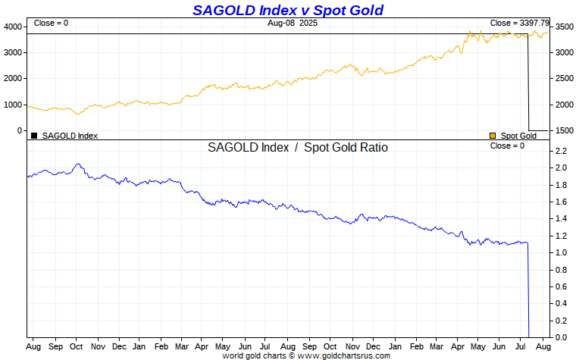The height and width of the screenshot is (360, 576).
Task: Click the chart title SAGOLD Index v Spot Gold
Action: (x=287, y=10)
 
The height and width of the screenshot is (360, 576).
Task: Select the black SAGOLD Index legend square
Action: (x=34, y=136)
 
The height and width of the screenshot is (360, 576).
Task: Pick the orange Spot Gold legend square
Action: (x=493, y=136)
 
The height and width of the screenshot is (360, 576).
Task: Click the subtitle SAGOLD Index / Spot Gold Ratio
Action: (x=297, y=148)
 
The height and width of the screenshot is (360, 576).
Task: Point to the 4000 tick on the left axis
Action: (x=13, y=27)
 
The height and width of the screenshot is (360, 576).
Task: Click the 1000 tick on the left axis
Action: (x=13, y=105)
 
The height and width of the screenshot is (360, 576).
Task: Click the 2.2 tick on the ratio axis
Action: (x=561, y=151)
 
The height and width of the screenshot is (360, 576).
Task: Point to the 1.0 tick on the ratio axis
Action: (x=561, y=252)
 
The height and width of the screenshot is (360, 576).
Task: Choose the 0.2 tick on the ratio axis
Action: (x=561, y=320)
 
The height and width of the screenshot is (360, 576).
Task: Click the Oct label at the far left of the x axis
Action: (x=77, y=346)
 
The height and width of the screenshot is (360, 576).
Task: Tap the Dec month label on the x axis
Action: (x=119, y=346)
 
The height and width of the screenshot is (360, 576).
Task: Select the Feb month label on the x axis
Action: (x=161, y=346)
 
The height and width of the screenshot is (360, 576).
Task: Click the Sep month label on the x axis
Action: (x=55, y=346)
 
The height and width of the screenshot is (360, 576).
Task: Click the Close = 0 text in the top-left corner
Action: (x=51, y=23)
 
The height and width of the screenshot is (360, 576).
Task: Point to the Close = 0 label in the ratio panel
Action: (x=507, y=146)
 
